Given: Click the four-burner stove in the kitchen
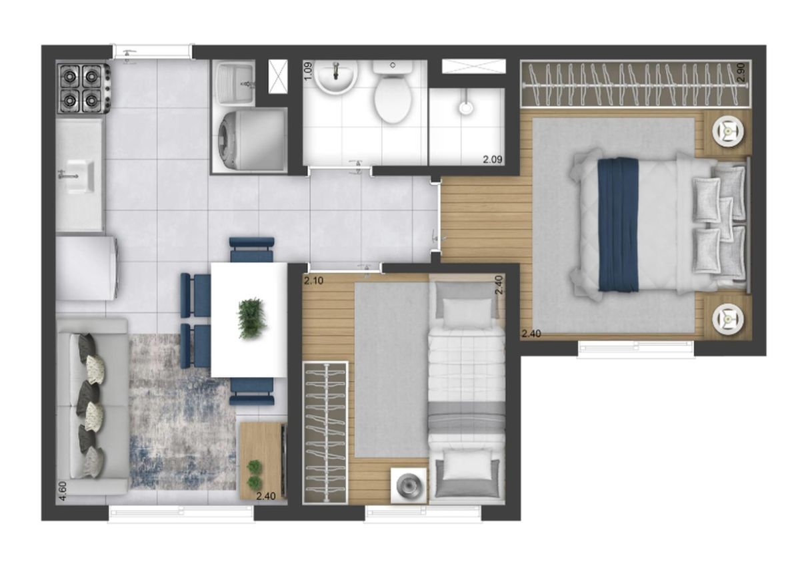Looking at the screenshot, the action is coord(83,88).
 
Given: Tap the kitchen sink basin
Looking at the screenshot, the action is coord(81,177).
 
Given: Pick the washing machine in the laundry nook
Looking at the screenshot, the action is coord(250,140).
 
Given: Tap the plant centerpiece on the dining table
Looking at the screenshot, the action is coord(253,318).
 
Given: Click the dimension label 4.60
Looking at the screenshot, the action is coord(63,491).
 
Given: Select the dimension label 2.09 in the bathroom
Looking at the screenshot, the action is coord(493,160).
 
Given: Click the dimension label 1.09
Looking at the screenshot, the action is coord(309,71).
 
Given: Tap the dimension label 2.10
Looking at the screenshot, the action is coord(313,280).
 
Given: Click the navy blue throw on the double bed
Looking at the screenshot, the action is coord(618,225).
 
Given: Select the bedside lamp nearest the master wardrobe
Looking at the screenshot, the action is coord(729,132).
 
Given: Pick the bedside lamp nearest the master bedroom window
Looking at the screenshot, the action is coord(729,318).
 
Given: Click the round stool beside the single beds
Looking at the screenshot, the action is coord(409,485).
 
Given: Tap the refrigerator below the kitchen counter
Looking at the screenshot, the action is coord(87,268).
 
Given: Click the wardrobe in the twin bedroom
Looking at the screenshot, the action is coord(325,433).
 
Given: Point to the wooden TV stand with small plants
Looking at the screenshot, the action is coord(263,461).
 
